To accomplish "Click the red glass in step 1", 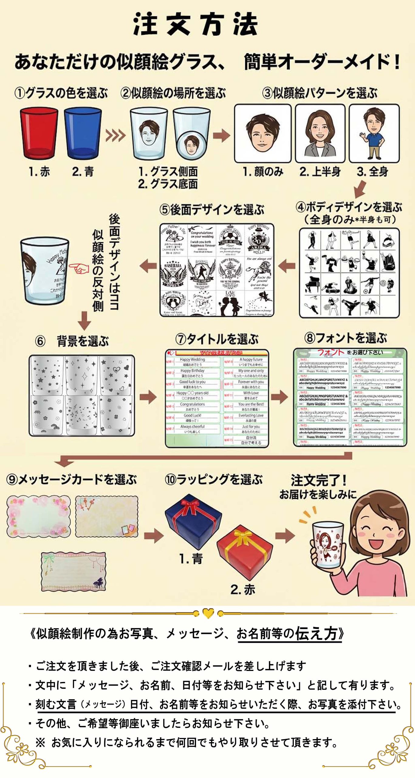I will click(x=39, y=133).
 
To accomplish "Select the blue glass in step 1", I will click(x=83, y=133).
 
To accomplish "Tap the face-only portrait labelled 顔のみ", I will click(x=262, y=133).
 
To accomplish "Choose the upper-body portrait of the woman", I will click(x=320, y=133).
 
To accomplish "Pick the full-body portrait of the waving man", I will click(x=374, y=133).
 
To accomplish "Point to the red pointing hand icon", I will click(x=78, y=268).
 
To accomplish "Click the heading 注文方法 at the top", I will click(x=196, y=24).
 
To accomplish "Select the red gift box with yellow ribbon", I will click(x=245, y=552).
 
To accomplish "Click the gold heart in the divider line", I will click(x=208, y=613).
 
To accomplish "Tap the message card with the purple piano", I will click(x=74, y=572).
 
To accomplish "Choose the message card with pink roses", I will click(x=38, y=516).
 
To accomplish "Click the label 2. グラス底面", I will click(x=168, y=184).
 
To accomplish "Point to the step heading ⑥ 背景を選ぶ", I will click(x=72, y=341).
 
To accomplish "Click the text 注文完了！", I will click(x=318, y=480).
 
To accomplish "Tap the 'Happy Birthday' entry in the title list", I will click(x=192, y=371).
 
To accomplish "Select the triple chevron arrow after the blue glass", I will click(x=115, y=136).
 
